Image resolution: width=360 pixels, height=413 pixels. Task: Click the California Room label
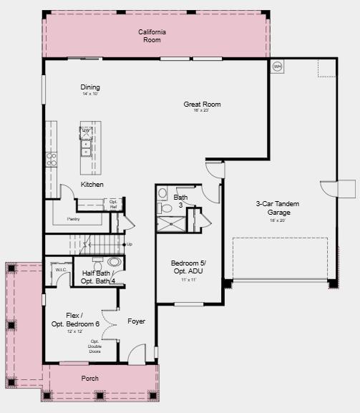click(152, 36)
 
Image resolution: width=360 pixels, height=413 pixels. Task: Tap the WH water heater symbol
click(277, 67)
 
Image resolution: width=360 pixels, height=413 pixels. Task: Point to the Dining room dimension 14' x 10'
click(90, 94)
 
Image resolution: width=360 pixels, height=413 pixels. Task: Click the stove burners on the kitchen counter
click(52, 159)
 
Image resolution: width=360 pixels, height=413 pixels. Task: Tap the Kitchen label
click(92, 185)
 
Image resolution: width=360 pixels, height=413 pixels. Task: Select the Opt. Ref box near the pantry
click(113, 204)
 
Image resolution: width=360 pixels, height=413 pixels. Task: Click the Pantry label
click(73, 219)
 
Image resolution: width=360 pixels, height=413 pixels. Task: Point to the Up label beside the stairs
click(129, 245)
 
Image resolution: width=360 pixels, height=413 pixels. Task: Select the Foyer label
click(136, 321)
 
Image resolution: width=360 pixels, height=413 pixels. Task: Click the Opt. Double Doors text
click(95, 346)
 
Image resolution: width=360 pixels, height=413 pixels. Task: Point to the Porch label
click(90, 379)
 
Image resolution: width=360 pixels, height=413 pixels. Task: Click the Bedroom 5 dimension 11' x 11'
click(189, 280)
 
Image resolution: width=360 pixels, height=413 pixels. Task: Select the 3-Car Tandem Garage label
click(278, 208)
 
